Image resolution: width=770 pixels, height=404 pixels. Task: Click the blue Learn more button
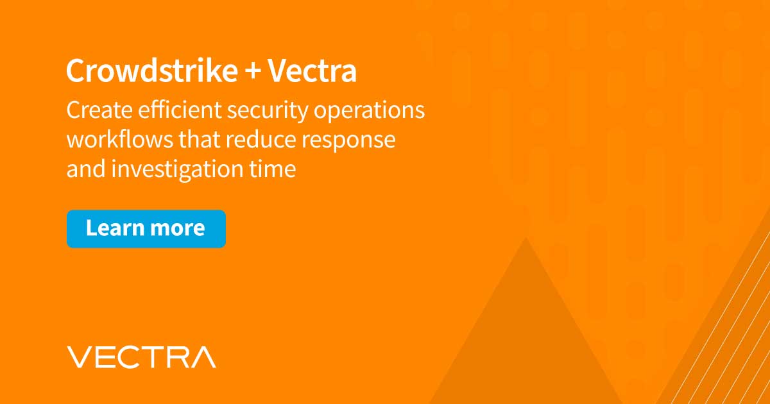click(x=146, y=229)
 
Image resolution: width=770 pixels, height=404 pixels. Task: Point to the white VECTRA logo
click(x=141, y=357)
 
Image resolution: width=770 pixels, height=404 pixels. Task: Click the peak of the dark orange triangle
click(x=526, y=238)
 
